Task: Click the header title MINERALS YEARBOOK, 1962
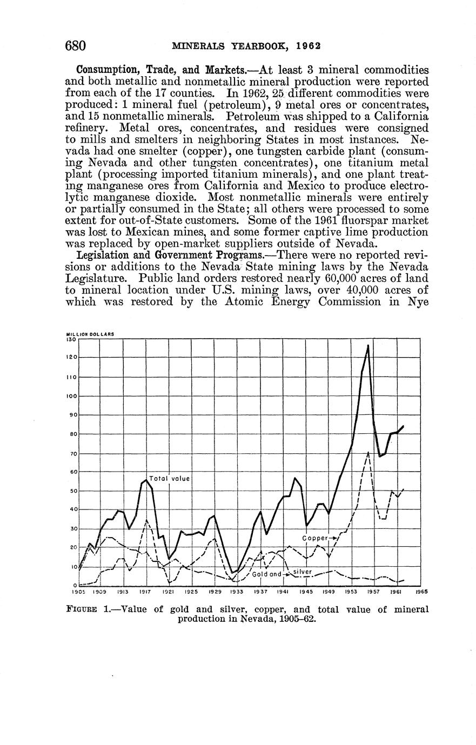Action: pyautogui.click(x=246, y=46)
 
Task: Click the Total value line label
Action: pyautogui.click(x=169, y=478)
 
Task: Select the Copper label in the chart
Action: pyautogui.click(x=316, y=538)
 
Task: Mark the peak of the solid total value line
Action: pyautogui.click(x=368, y=345)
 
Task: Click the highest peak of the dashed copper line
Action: pyautogui.click(x=368, y=452)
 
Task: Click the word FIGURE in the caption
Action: pyautogui.click(x=81, y=609)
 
